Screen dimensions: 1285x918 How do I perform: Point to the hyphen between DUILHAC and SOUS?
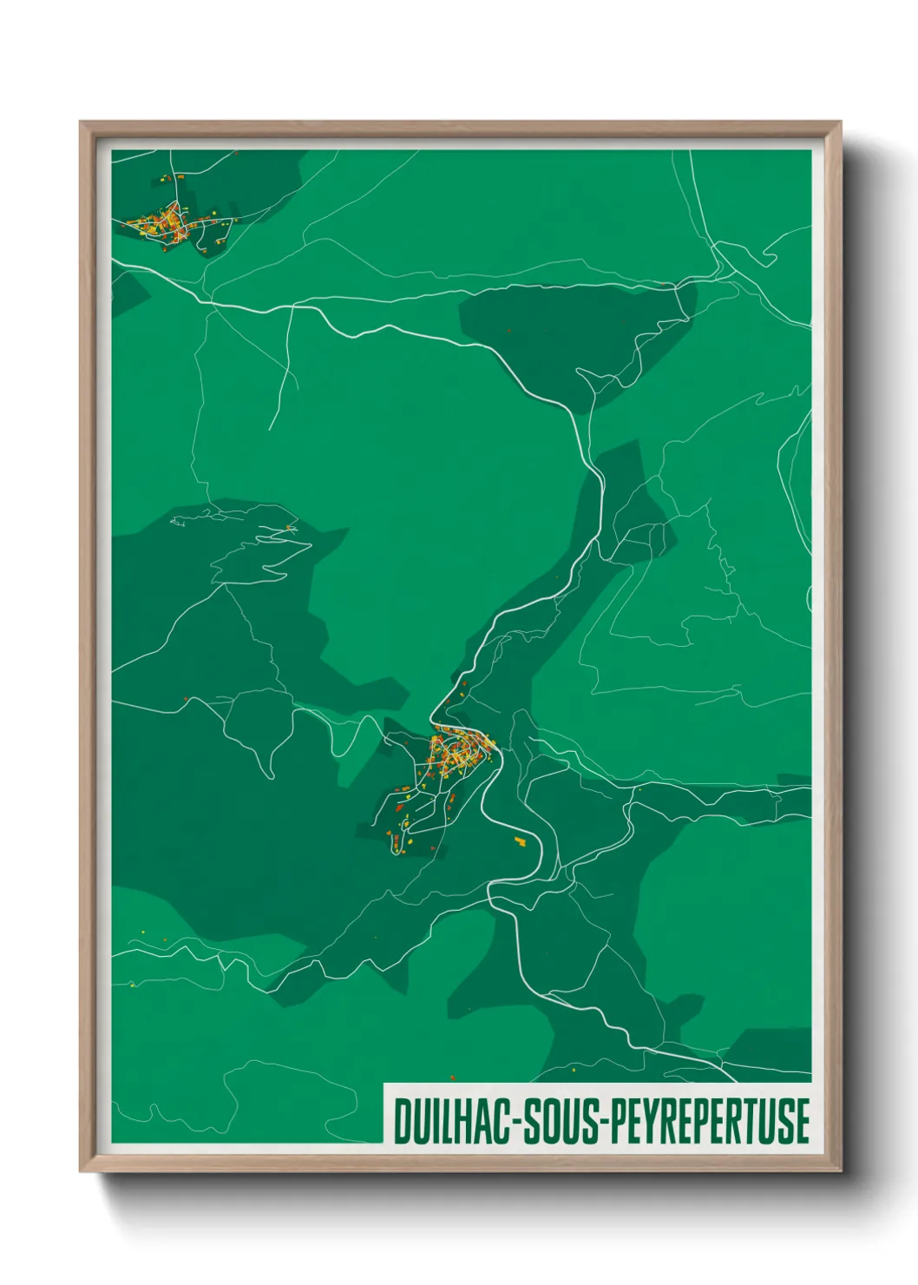pos(515,1123)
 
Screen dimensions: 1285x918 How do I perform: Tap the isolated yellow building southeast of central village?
pos(521,840)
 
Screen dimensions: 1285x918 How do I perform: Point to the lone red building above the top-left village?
pos(236,153)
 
